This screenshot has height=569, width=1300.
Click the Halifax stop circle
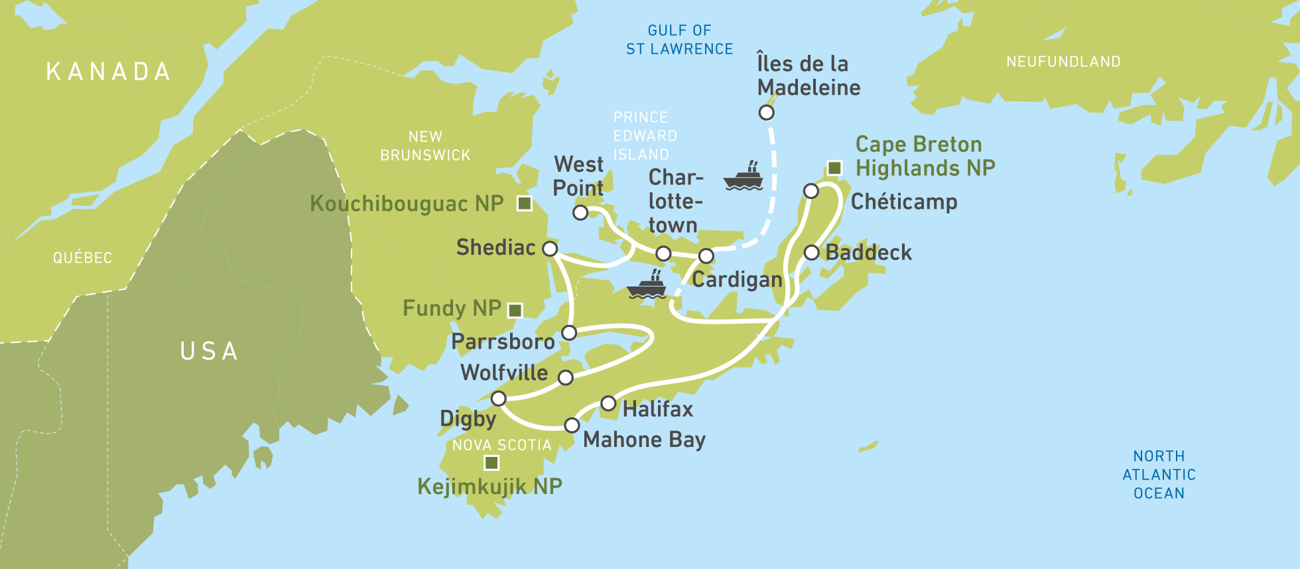[x=608, y=403]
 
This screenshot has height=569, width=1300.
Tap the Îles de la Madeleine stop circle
[x=766, y=113]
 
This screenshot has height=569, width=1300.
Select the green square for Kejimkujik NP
[x=491, y=462]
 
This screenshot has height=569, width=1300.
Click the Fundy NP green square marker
[x=515, y=310]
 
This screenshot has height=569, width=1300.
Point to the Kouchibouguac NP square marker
[x=524, y=203]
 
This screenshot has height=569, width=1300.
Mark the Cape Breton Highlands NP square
[x=834, y=168]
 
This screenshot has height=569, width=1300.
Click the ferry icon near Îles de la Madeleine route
[x=744, y=177]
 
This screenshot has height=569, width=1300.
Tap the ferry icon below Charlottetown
[x=647, y=286]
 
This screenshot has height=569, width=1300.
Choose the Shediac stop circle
[x=550, y=249]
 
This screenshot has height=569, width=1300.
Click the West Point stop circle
[x=580, y=213]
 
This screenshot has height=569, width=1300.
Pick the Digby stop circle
[x=499, y=399]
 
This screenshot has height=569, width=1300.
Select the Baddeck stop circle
[x=811, y=253]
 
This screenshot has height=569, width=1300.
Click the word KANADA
[x=108, y=72]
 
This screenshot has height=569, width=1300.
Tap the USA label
[x=209, y=351]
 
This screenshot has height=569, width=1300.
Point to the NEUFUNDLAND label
[x=1063, y=62]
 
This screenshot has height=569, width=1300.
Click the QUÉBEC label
[x=82, y=257]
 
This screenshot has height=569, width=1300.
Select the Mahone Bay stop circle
[x=572, y=425]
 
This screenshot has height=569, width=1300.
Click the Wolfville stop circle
[x=565, y=378]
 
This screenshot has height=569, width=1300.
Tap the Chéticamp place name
[x=903, y=202]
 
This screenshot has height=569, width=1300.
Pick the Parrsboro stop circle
[x=569, y=332]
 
